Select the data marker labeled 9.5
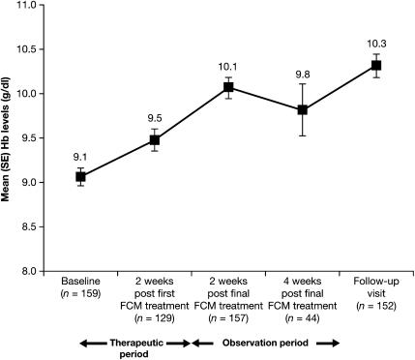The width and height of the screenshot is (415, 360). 154,140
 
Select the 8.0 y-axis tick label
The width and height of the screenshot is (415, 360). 34,272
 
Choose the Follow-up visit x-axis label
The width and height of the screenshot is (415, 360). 376,288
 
